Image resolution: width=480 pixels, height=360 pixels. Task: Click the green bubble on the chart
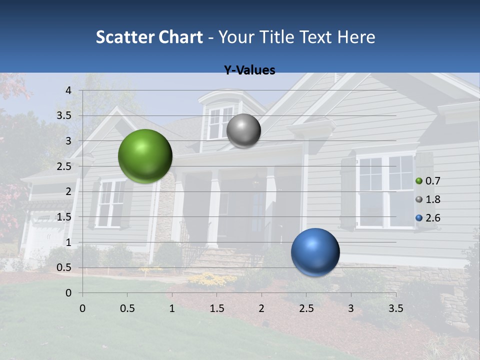click(x=145, y=156)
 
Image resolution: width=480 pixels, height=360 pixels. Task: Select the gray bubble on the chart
click(x=243, y=130)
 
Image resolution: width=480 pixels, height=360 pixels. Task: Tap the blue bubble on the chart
click(x=315, y=252)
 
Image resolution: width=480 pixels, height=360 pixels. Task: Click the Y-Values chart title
click(x=249, y=70)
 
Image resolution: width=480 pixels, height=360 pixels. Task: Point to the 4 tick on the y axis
click(x=68, y=90)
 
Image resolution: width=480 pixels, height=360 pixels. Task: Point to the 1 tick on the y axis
click(x=68, y=242)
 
